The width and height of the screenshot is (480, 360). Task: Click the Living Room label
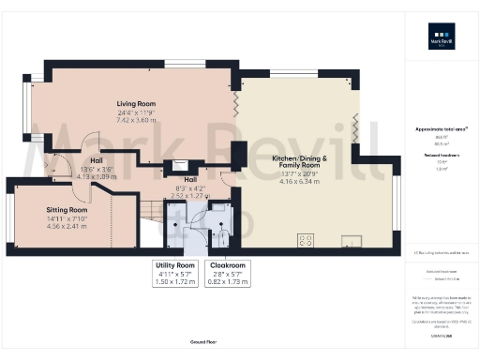[136, 103]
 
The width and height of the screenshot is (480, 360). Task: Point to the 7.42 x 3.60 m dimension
[136, 120]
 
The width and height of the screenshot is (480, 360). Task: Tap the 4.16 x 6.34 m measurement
[302, 178]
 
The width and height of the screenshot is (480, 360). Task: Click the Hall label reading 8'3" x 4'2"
[190, 178]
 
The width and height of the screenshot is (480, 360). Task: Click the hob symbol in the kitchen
[305, 241]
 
